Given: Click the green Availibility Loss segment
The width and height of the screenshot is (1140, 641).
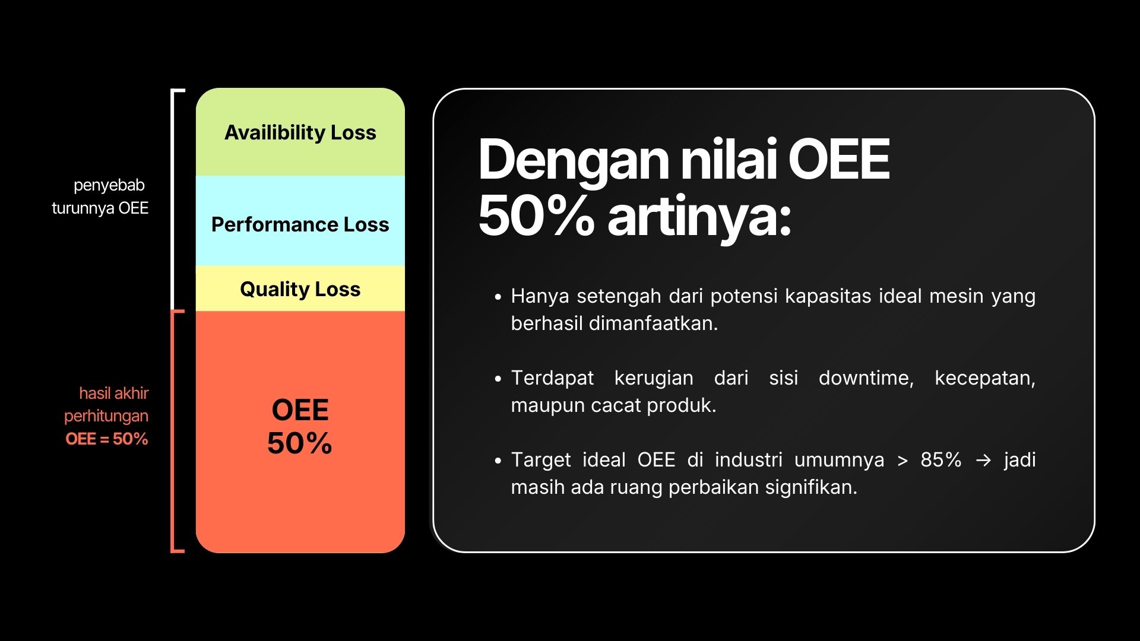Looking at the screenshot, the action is [300, 132].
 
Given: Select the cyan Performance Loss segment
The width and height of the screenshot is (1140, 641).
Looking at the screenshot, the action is [300, 221].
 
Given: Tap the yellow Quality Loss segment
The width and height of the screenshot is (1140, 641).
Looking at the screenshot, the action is [300, 288].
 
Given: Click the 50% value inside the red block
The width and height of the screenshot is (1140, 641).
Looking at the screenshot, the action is [300, 443].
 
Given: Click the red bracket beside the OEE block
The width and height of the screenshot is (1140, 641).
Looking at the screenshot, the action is [173, 431].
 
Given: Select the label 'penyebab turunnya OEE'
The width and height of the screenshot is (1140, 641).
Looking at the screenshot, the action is [100, 196].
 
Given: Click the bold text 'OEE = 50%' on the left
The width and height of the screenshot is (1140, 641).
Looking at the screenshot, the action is [107, 439].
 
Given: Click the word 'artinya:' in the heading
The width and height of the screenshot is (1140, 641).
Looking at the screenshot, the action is [699, 216].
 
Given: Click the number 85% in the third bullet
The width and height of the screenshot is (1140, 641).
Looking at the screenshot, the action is [941, 460].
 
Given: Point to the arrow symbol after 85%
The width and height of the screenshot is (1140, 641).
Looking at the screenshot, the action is [984, 461].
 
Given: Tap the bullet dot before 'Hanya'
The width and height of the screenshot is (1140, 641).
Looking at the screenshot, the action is [498, 296].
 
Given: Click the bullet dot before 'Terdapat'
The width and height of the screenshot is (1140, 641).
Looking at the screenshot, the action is [498, 378].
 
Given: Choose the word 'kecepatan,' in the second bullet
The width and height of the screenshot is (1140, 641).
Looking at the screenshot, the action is [985, 378].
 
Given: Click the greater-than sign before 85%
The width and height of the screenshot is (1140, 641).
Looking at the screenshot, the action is [902, 461].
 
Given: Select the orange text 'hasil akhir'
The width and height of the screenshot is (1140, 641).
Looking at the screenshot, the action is [114, 393].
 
